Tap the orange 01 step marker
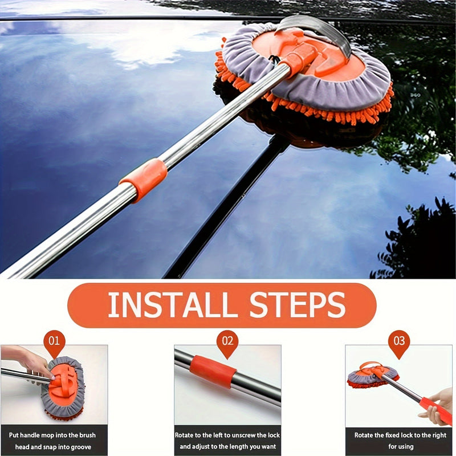(x=54, y=343)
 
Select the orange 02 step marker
(x=227, y=343)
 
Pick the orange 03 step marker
(x=399, y=343)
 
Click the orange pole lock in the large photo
(x=143, y=178)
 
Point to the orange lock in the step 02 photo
(x=213, y=372)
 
